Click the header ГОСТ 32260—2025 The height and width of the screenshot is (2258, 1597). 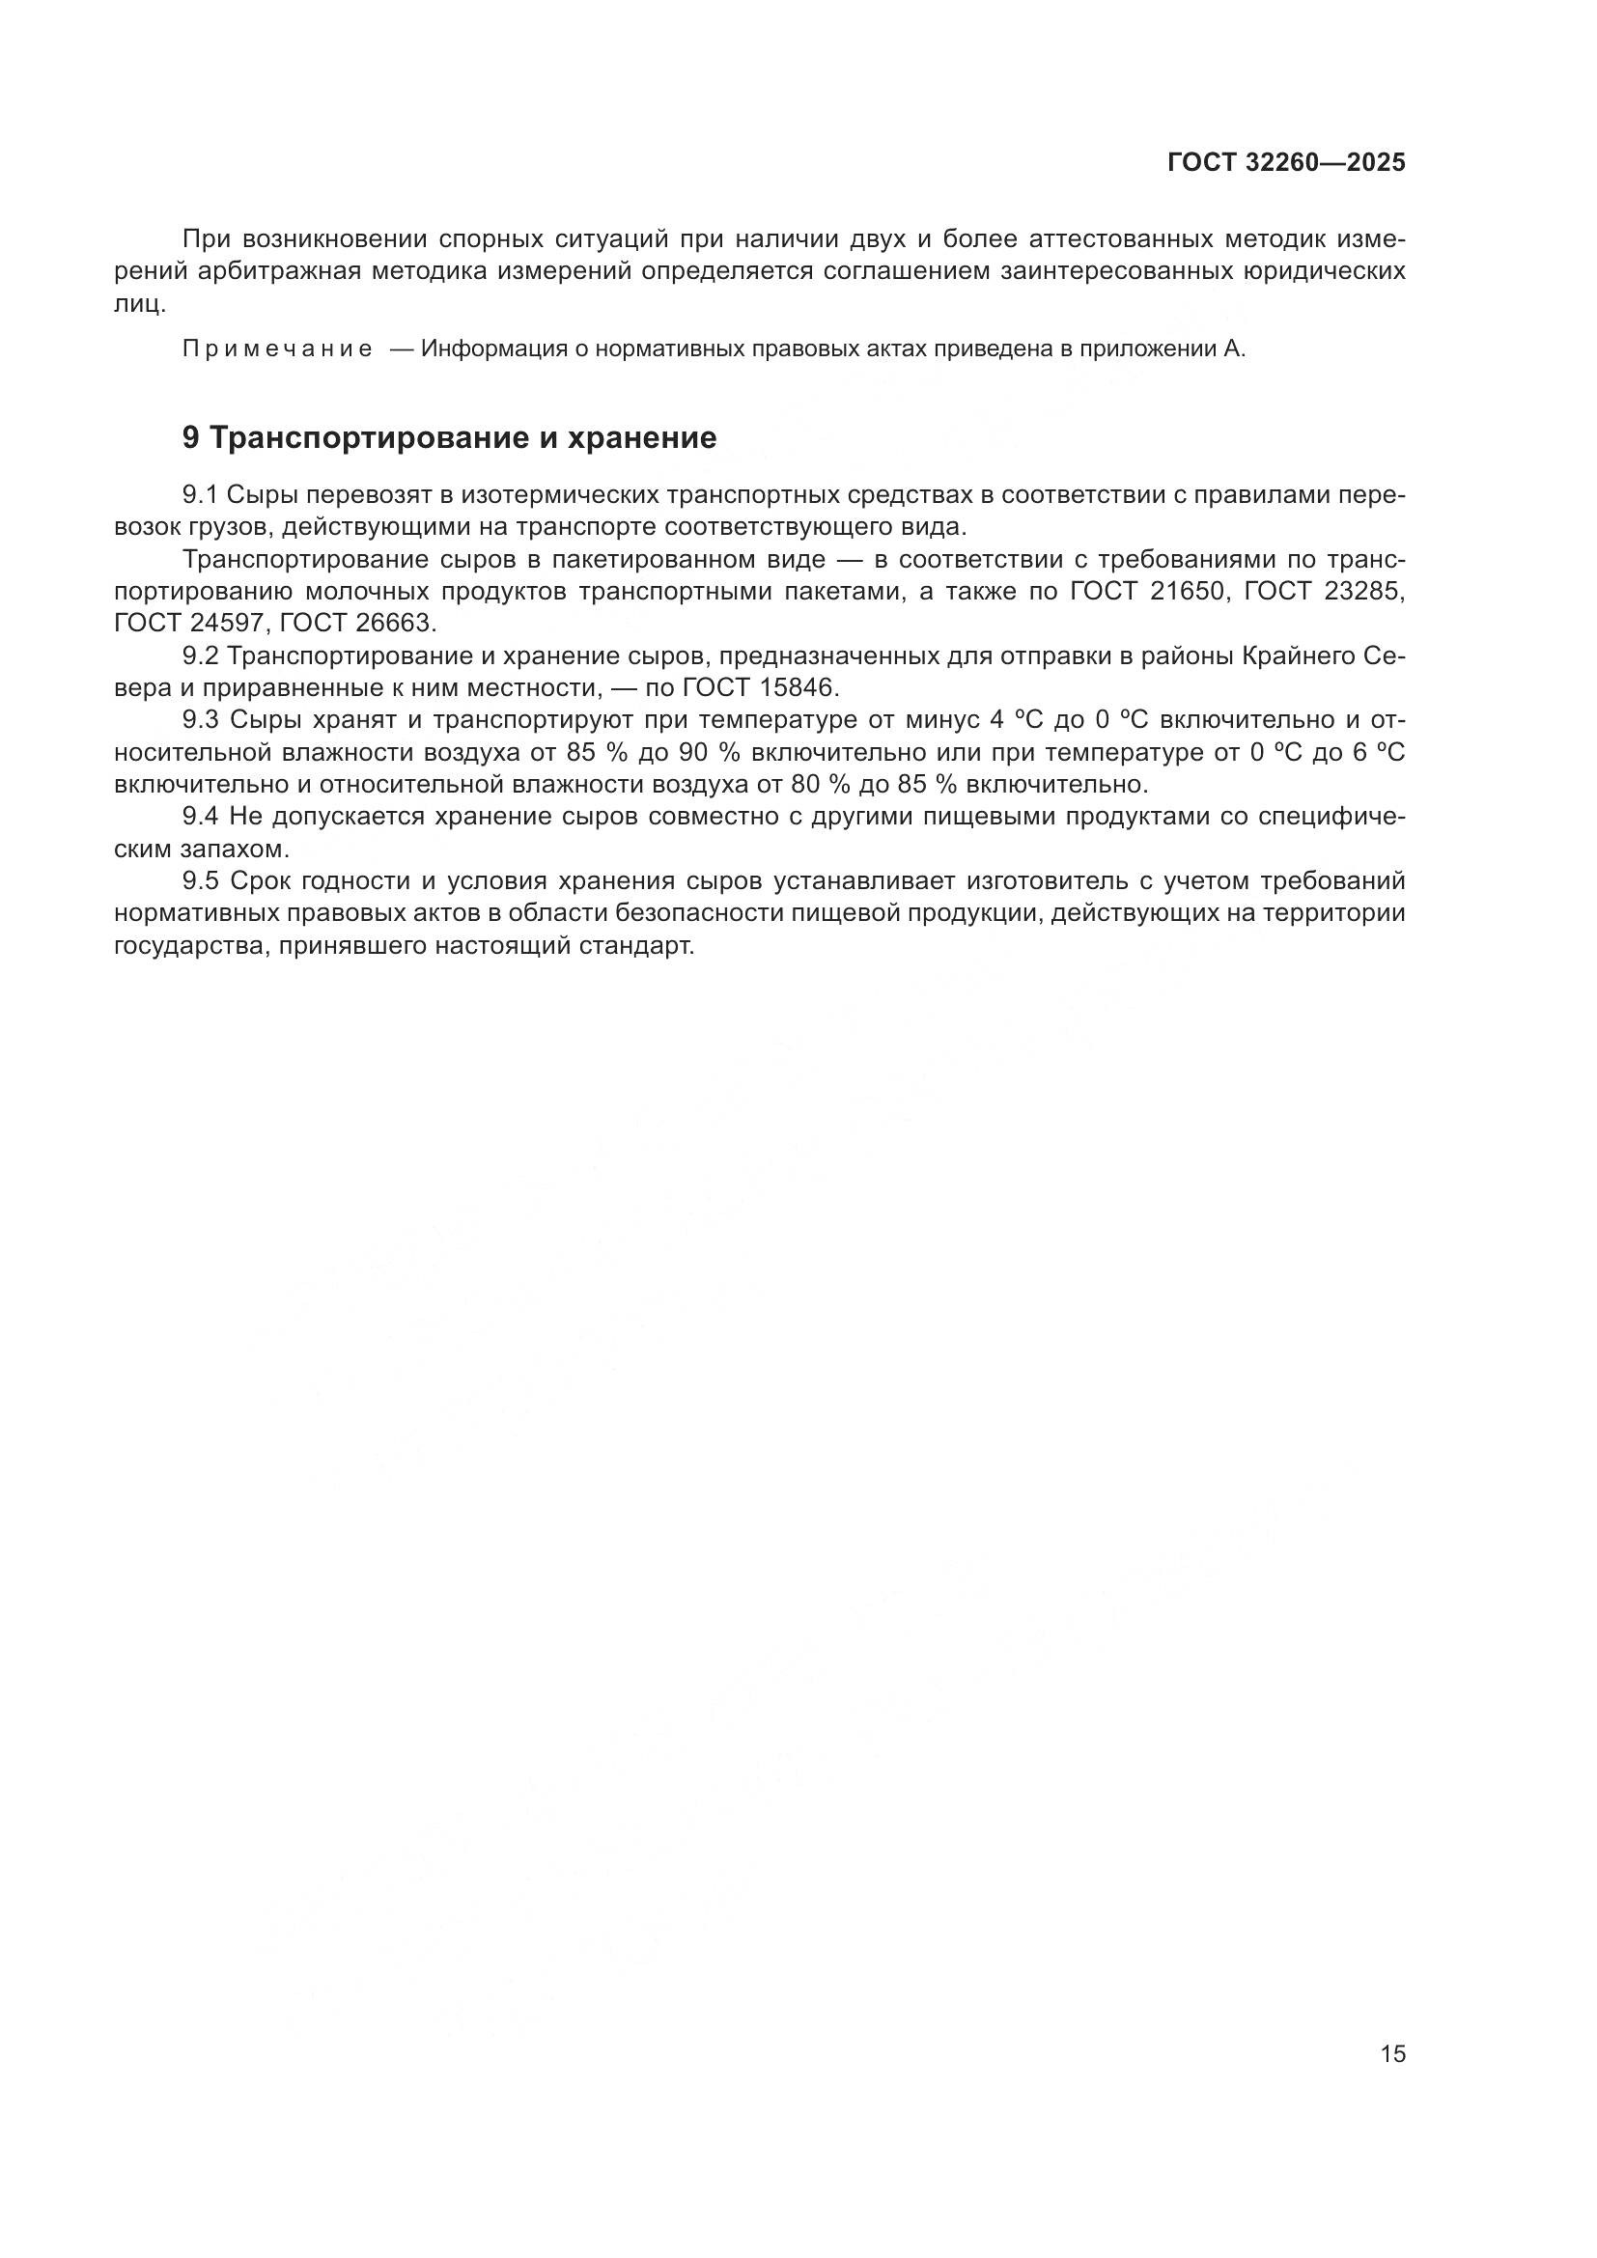coord(1286,163)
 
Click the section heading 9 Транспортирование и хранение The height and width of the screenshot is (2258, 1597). coord(449,437)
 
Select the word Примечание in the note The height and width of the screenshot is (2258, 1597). coord(277,349)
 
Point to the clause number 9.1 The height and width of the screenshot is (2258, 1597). coord(202,494)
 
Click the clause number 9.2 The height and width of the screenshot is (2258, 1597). coord(202,655)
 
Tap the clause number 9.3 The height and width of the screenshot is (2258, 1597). coord(202,720)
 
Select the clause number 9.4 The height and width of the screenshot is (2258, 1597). coord(202,817)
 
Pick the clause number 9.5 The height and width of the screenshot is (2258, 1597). coord(202,881)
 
